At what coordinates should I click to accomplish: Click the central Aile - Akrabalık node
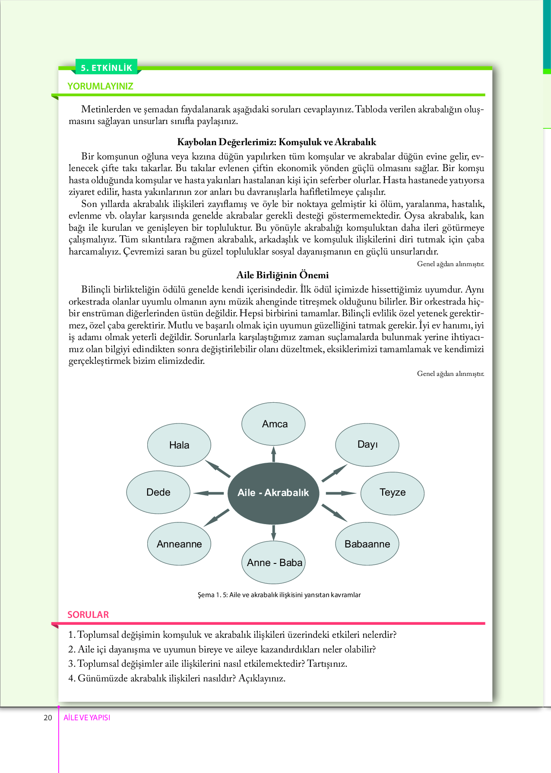pos(273,493)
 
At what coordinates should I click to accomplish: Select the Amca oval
pos(273,424)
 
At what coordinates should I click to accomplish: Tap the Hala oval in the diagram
pos(179,445)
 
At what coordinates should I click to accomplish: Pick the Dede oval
pos(158,493)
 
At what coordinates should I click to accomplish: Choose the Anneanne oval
pos(179,544)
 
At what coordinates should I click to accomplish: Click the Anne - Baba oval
pos(274,563)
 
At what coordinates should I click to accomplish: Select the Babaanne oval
pos(367,544)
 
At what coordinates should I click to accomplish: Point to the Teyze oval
pos(392,493)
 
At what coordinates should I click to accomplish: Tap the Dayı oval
pos(367,445)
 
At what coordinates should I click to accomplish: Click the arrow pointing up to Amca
pos(273,454)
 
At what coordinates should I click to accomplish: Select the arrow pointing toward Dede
pos(208,493)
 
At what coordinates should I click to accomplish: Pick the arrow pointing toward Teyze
pos(341,493)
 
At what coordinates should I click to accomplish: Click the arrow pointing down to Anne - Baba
pos(273,532)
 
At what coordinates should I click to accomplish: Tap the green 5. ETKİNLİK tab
pos(106,68)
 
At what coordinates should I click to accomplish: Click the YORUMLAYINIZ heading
pos(100,86)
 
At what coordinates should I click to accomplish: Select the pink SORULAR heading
pos(88,614)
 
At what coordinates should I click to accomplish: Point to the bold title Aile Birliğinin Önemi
pos(282,275)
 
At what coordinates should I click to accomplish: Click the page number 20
pos(47,718)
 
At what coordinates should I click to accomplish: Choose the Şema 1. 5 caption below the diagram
pos(279,595)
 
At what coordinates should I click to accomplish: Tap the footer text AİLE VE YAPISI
pos(87,718)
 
